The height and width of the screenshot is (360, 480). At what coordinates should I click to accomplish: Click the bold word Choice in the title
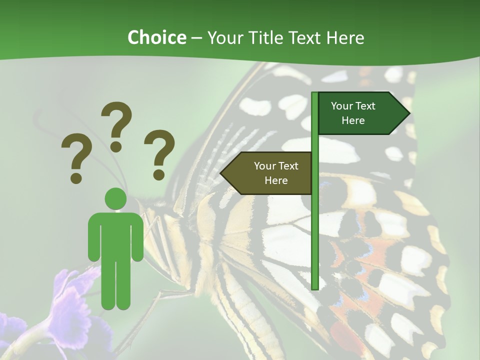(156, 38)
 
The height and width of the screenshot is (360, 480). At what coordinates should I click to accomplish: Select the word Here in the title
(345, 38)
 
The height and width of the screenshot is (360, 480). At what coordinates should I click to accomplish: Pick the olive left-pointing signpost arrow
(267, 173)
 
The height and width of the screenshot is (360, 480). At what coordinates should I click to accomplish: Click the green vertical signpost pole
(314, 225)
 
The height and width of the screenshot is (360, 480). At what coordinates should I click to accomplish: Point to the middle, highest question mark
(117, 125)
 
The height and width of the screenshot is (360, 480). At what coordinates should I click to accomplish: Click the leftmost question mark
(76, 158)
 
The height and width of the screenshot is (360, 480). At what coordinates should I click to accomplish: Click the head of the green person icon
(115, 198)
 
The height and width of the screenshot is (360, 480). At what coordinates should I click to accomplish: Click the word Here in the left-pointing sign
(276, 180)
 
